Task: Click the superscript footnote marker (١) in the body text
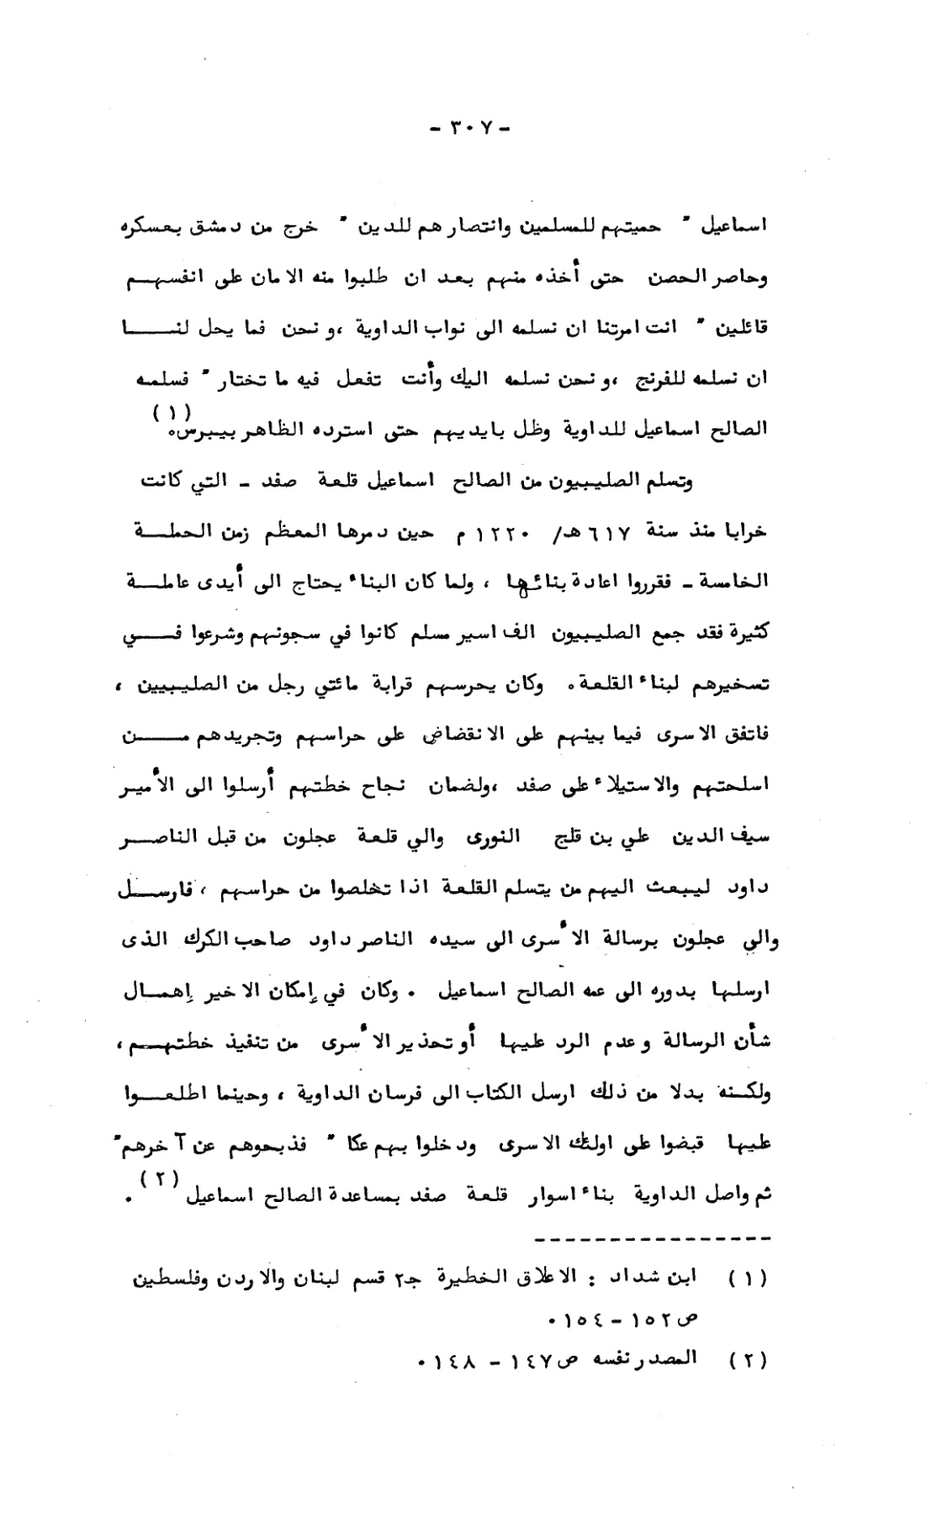[x=172, y=413]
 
